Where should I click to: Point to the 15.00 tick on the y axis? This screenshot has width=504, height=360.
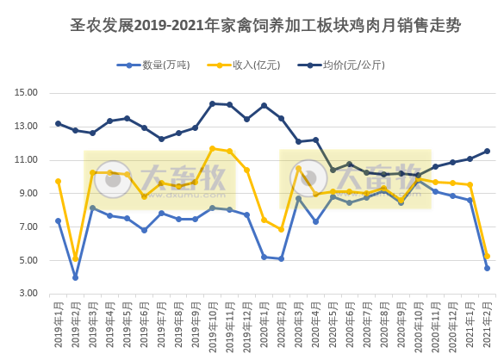[27, 93]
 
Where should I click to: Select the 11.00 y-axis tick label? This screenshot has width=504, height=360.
[27, 160]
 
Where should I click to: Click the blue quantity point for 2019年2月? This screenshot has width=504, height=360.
[76, 277]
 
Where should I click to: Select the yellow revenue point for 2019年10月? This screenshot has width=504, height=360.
[213, 148]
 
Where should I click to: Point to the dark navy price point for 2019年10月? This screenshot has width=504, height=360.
[213, 103]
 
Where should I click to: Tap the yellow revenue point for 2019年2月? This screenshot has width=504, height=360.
[76, 258]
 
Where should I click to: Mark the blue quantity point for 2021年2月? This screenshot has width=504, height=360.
[487, 268]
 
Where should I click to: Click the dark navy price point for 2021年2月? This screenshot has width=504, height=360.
[487, 151]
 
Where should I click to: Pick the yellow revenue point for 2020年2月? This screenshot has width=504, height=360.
[281, 229]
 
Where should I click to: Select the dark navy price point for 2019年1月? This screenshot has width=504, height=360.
[59, 123]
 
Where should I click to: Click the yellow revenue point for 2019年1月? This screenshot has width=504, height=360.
[59, 181]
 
